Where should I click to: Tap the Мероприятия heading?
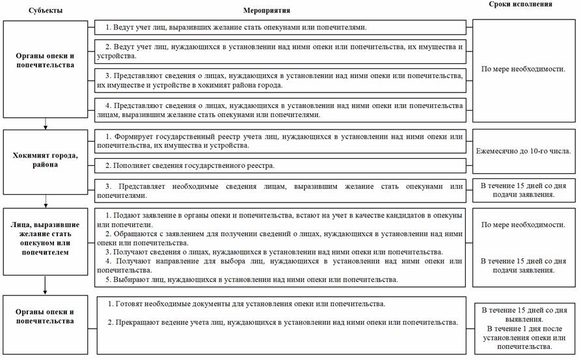pyautogui.click(x=266, y=11)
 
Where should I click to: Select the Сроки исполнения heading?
pyautogui.click(x=520, y=4)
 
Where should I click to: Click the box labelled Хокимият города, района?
pyautogui.click(x=45, y=160)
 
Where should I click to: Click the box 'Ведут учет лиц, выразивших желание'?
pyautogui.click(x=280, y=27)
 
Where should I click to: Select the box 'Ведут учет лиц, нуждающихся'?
pyautogui.click(x=280, y=51)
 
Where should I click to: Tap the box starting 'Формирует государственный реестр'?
pyautogui.click(x=280, y=141)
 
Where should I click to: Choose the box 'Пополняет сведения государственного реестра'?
pyautogui.click(x=280, y=166)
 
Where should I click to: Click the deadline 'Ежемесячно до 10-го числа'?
pyautogui.click(x=524, y=152)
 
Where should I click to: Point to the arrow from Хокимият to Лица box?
pyautogui.click(x=45, y=198)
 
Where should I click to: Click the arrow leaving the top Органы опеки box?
pyautogui.click(x=45, y=123)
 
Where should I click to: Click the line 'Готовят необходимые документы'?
pyautogui.click(x=247, y=305)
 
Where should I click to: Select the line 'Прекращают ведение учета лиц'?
pyautogui.click(x=282, y=322)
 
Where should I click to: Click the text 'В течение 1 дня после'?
pyautogui.click(x=524, y=329)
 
